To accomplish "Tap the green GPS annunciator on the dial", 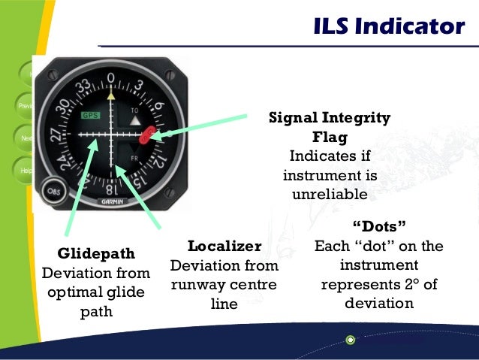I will tap(91, 115).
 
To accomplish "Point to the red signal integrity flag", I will tap(148, 135).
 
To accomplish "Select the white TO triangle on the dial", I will tap(137, 119).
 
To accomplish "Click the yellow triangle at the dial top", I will tap(111, 95).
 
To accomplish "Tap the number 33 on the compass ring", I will tap(84, 85).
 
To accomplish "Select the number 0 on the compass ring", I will tap(111, 78).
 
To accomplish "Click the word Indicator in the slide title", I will tap(410, 27).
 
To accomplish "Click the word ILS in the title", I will tap(333, 27).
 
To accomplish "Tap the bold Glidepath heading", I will tap(96, 254).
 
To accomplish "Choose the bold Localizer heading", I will tap(224, 247).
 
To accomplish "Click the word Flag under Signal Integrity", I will tap(330, 137).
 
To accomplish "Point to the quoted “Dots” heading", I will tap(379, 226).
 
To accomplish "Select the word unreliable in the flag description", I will tap(330, 195).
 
